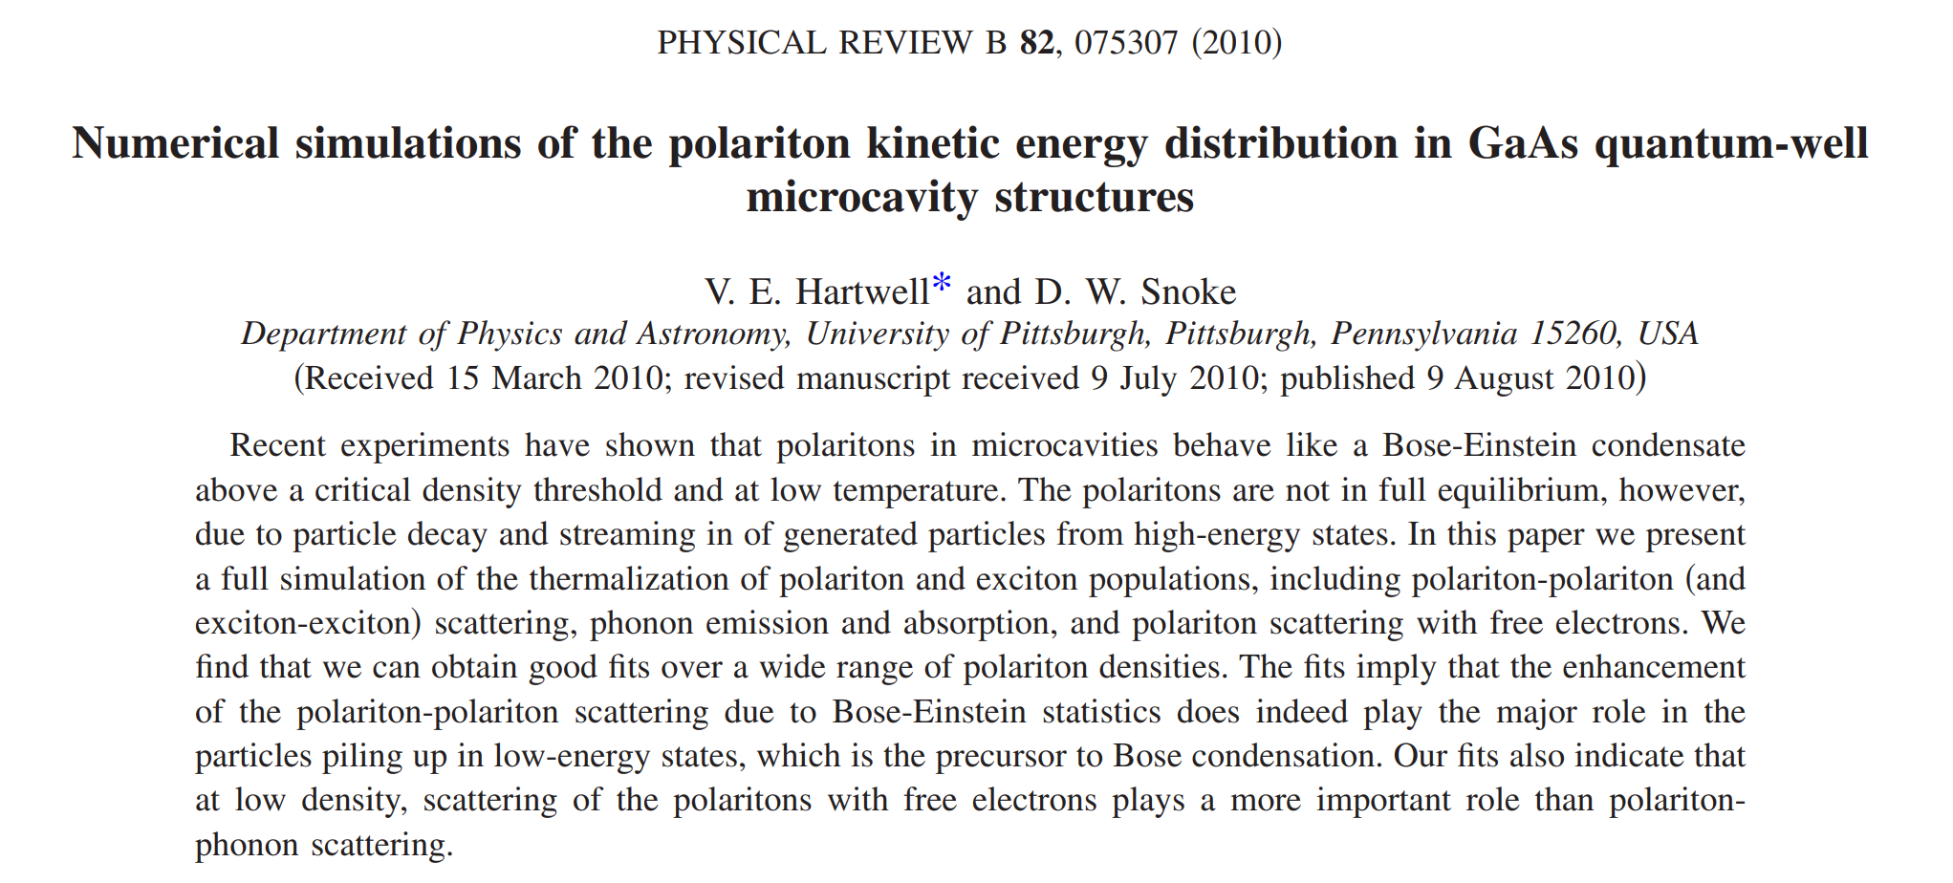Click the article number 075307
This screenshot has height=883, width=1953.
1126,43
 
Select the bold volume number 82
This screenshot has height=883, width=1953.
1036,43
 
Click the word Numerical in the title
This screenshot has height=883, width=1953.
175,143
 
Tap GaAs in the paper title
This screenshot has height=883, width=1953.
1523,143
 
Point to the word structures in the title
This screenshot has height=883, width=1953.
1094,197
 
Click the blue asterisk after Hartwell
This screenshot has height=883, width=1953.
942,284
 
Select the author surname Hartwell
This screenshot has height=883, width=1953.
862,291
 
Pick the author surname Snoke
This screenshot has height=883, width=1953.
1188,291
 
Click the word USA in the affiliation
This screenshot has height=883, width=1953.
1668,334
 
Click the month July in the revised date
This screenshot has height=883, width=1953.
1150,378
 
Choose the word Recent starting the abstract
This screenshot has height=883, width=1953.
277,446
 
